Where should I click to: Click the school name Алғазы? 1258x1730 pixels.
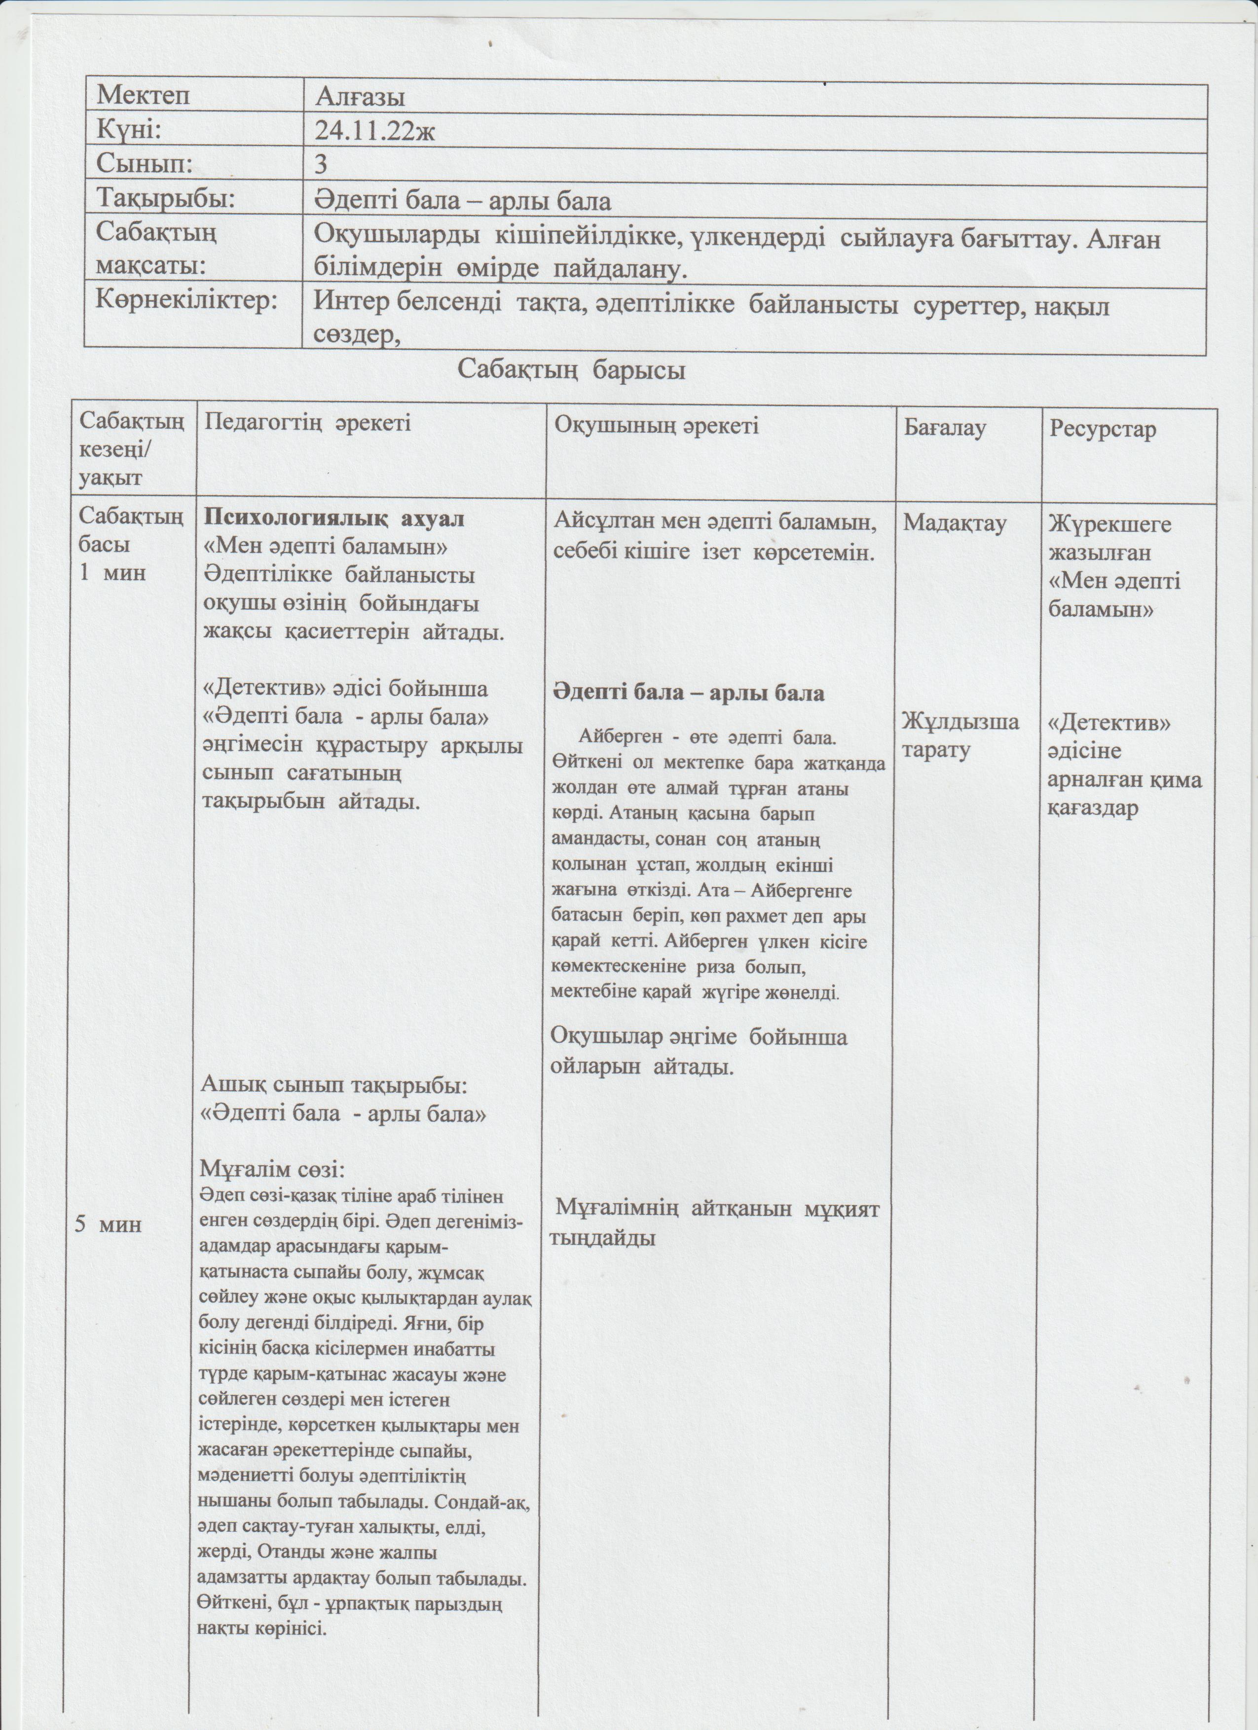pos(359,97)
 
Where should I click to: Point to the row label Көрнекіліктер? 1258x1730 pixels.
pos(186,300)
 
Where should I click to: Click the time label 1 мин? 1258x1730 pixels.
pos(112,572)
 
